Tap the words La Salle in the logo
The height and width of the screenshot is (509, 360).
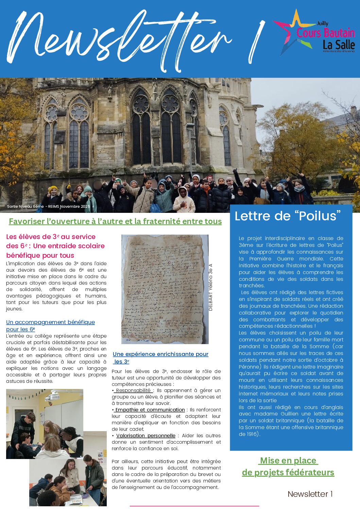pos(339,45)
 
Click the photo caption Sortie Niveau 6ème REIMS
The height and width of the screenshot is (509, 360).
pos(49,206)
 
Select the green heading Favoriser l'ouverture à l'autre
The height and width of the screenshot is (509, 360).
pos(115,221)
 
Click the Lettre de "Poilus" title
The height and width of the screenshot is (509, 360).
pos(288,216)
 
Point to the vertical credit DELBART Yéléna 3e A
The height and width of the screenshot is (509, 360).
pos(210,287)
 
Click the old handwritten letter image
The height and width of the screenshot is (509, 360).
pos(165,289)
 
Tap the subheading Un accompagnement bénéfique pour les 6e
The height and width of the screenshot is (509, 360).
pos(50,325)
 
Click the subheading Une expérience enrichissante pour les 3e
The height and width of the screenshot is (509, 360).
pos(160,357)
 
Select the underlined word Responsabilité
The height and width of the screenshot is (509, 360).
pos(133,390)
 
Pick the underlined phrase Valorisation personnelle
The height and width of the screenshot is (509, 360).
pos(145,436)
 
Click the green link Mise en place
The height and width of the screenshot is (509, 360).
pos(288,460)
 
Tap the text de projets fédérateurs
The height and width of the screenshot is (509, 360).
pos(288,472)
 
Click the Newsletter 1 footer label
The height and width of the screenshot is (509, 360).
pos(310,494)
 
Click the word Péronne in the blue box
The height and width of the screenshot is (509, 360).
pos(250,367)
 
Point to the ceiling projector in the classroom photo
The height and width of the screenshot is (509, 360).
pos(52,396)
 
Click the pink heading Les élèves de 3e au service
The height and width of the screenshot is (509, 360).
pos(51,237)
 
